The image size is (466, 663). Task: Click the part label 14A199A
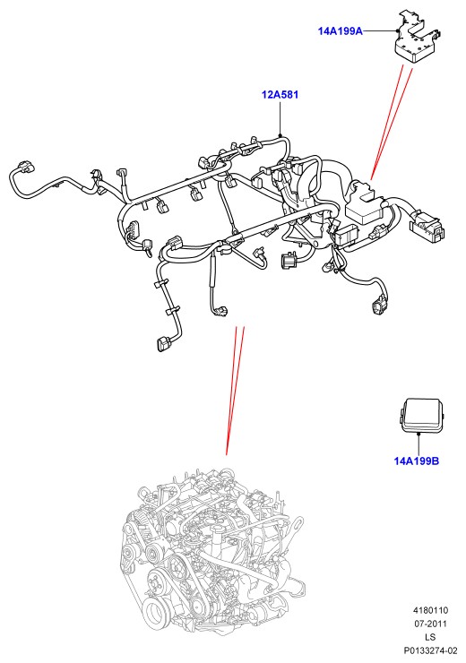[340, 31]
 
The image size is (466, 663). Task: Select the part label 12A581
[280, 95]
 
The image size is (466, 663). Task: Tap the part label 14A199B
[417, 461]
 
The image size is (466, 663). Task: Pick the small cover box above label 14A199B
[421, 415]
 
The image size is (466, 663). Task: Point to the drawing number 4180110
[430, 610]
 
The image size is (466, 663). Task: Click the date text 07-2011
[430, 624]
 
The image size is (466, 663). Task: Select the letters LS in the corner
[430, 637]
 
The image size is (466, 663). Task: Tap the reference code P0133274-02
[430, 650]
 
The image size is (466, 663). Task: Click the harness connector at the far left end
[24, 166]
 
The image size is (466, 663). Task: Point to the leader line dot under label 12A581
[280, 135]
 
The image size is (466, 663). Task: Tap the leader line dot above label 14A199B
[418, 434]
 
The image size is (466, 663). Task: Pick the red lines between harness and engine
[235, 391]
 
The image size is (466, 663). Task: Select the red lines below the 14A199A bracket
[391, 123]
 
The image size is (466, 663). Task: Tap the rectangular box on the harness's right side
[364, 206]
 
